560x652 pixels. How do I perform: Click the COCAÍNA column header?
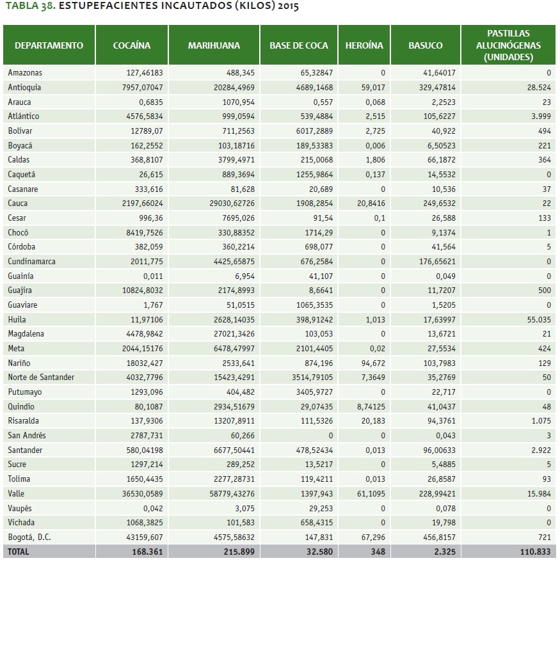(131, 45)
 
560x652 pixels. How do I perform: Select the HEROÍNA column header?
(364, 45)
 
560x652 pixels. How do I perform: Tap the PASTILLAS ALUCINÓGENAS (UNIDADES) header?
(508, 45)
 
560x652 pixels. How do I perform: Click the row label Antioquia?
(24, 88)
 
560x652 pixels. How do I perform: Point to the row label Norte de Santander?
(41, 378)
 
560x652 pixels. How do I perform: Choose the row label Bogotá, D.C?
(29, 537)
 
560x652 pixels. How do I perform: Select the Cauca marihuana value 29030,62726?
(232, 203)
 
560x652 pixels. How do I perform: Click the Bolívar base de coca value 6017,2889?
(312, 131)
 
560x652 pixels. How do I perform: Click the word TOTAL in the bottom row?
(19, 552)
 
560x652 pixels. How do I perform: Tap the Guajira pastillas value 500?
(544, 290)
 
